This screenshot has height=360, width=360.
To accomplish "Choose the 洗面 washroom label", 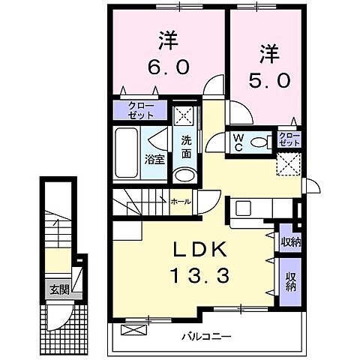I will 184,145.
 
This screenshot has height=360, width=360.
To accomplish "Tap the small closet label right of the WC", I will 289,139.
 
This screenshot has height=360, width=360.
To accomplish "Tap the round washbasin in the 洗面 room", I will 183,176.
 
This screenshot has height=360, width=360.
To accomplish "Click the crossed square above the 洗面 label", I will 184,116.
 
